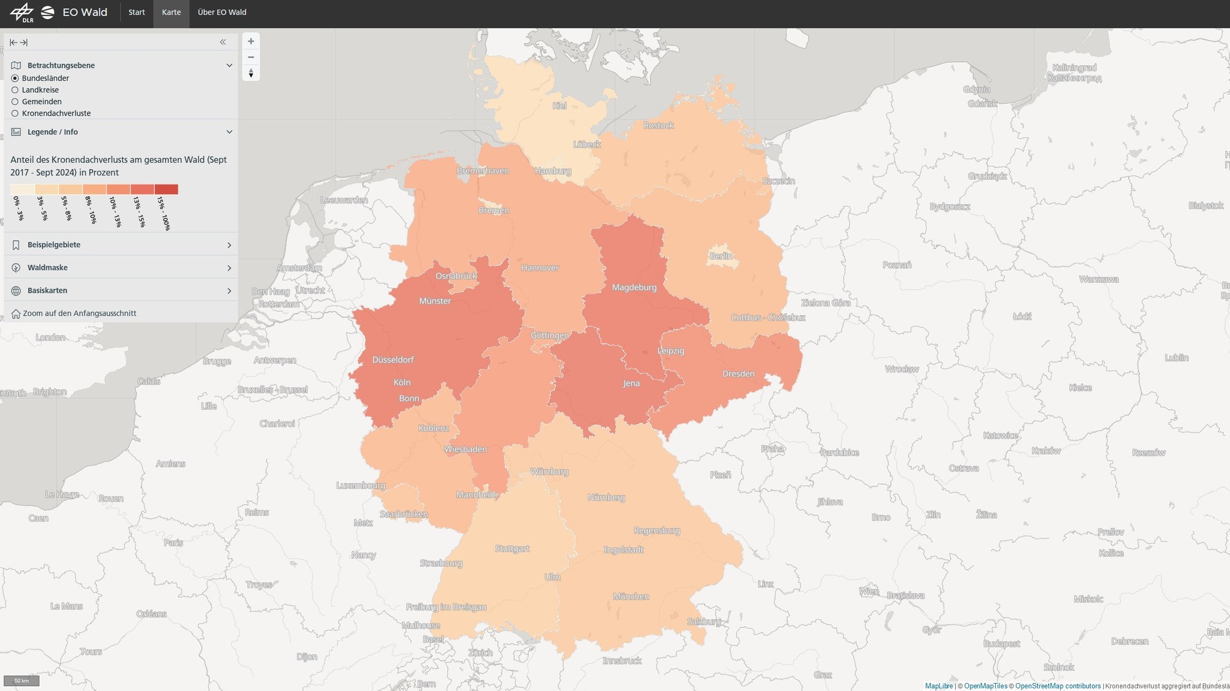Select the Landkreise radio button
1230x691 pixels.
point(15,90)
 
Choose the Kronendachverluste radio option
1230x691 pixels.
point(15,113)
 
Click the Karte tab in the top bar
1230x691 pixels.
point(171,12)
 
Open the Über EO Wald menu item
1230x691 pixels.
point(221,12)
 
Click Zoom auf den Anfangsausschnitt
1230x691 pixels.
point(79,314)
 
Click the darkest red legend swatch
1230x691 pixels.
point(166,189)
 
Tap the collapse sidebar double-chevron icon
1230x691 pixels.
point(223,42)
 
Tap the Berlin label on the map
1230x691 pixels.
point(721,256)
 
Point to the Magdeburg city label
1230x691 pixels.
point(634,287)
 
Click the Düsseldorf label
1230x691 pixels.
point(393,360)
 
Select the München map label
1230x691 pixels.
point(631,596)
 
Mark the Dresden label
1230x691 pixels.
point(738,374)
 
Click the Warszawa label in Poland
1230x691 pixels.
point(1098,279)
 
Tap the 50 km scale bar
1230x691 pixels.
point(22,681)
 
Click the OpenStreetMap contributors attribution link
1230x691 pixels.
point(1058,686)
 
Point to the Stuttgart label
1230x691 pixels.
point(512,548)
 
